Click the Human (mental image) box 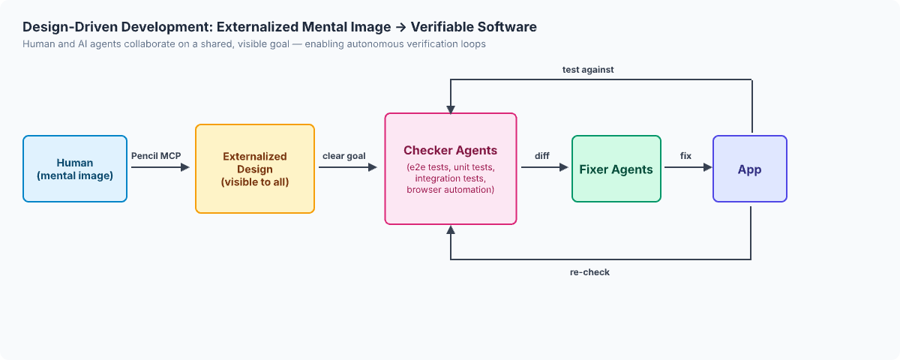coord(75,169)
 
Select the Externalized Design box coord(255,169)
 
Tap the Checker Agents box coord(450,169)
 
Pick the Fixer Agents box coord(616,169)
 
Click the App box coord(749,169)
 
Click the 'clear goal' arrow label coord(344,156)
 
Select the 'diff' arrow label coord(542,156)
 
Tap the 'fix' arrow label coord(685,156)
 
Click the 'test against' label coord(589,70)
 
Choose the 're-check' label coord(589,272)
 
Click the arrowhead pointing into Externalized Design coord(185,168)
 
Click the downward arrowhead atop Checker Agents coord(450,108)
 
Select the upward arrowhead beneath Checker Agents coord(450,229)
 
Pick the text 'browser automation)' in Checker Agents coord(450,190)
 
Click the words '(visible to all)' coord(255,182)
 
